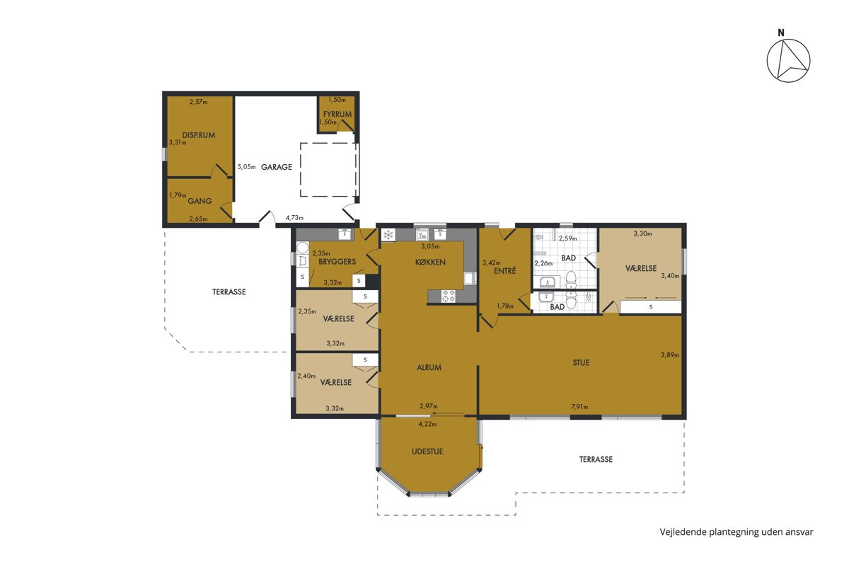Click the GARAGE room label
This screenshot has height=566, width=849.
(x=277, y=167)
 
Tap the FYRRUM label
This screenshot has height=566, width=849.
(x=337, y=114)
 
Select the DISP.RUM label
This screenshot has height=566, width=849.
(x=199, y=135)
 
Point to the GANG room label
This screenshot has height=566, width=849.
(x=200, y=201)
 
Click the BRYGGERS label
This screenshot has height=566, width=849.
(x=337, y=262)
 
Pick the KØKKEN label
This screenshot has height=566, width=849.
(x=430, y=262)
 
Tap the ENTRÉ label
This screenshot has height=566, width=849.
(x=505, y=271)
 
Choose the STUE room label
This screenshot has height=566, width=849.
(x=581, y=363)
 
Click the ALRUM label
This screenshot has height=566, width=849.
(x=429, y=367)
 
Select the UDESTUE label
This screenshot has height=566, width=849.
(x=427, y=451)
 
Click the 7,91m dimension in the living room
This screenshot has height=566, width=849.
(x=579, y=407)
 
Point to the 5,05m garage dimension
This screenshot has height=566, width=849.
(x=246, y=166)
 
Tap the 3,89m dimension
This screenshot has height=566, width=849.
(x=670, y=355)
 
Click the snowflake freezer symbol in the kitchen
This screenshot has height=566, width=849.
(x=388, y=235)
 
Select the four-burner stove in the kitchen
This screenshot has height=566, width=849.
(x=449, y=296)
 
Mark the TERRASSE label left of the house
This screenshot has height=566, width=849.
(x=229, y=292)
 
